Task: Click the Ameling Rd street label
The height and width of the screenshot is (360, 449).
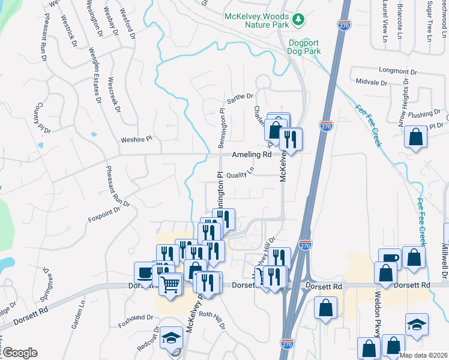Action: tap(252, 154)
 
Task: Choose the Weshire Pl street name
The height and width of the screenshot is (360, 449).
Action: tap(137, 139)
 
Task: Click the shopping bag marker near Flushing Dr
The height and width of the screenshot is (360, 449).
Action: tap(415, 137)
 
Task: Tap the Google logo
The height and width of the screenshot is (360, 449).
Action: tap(19, 353)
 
